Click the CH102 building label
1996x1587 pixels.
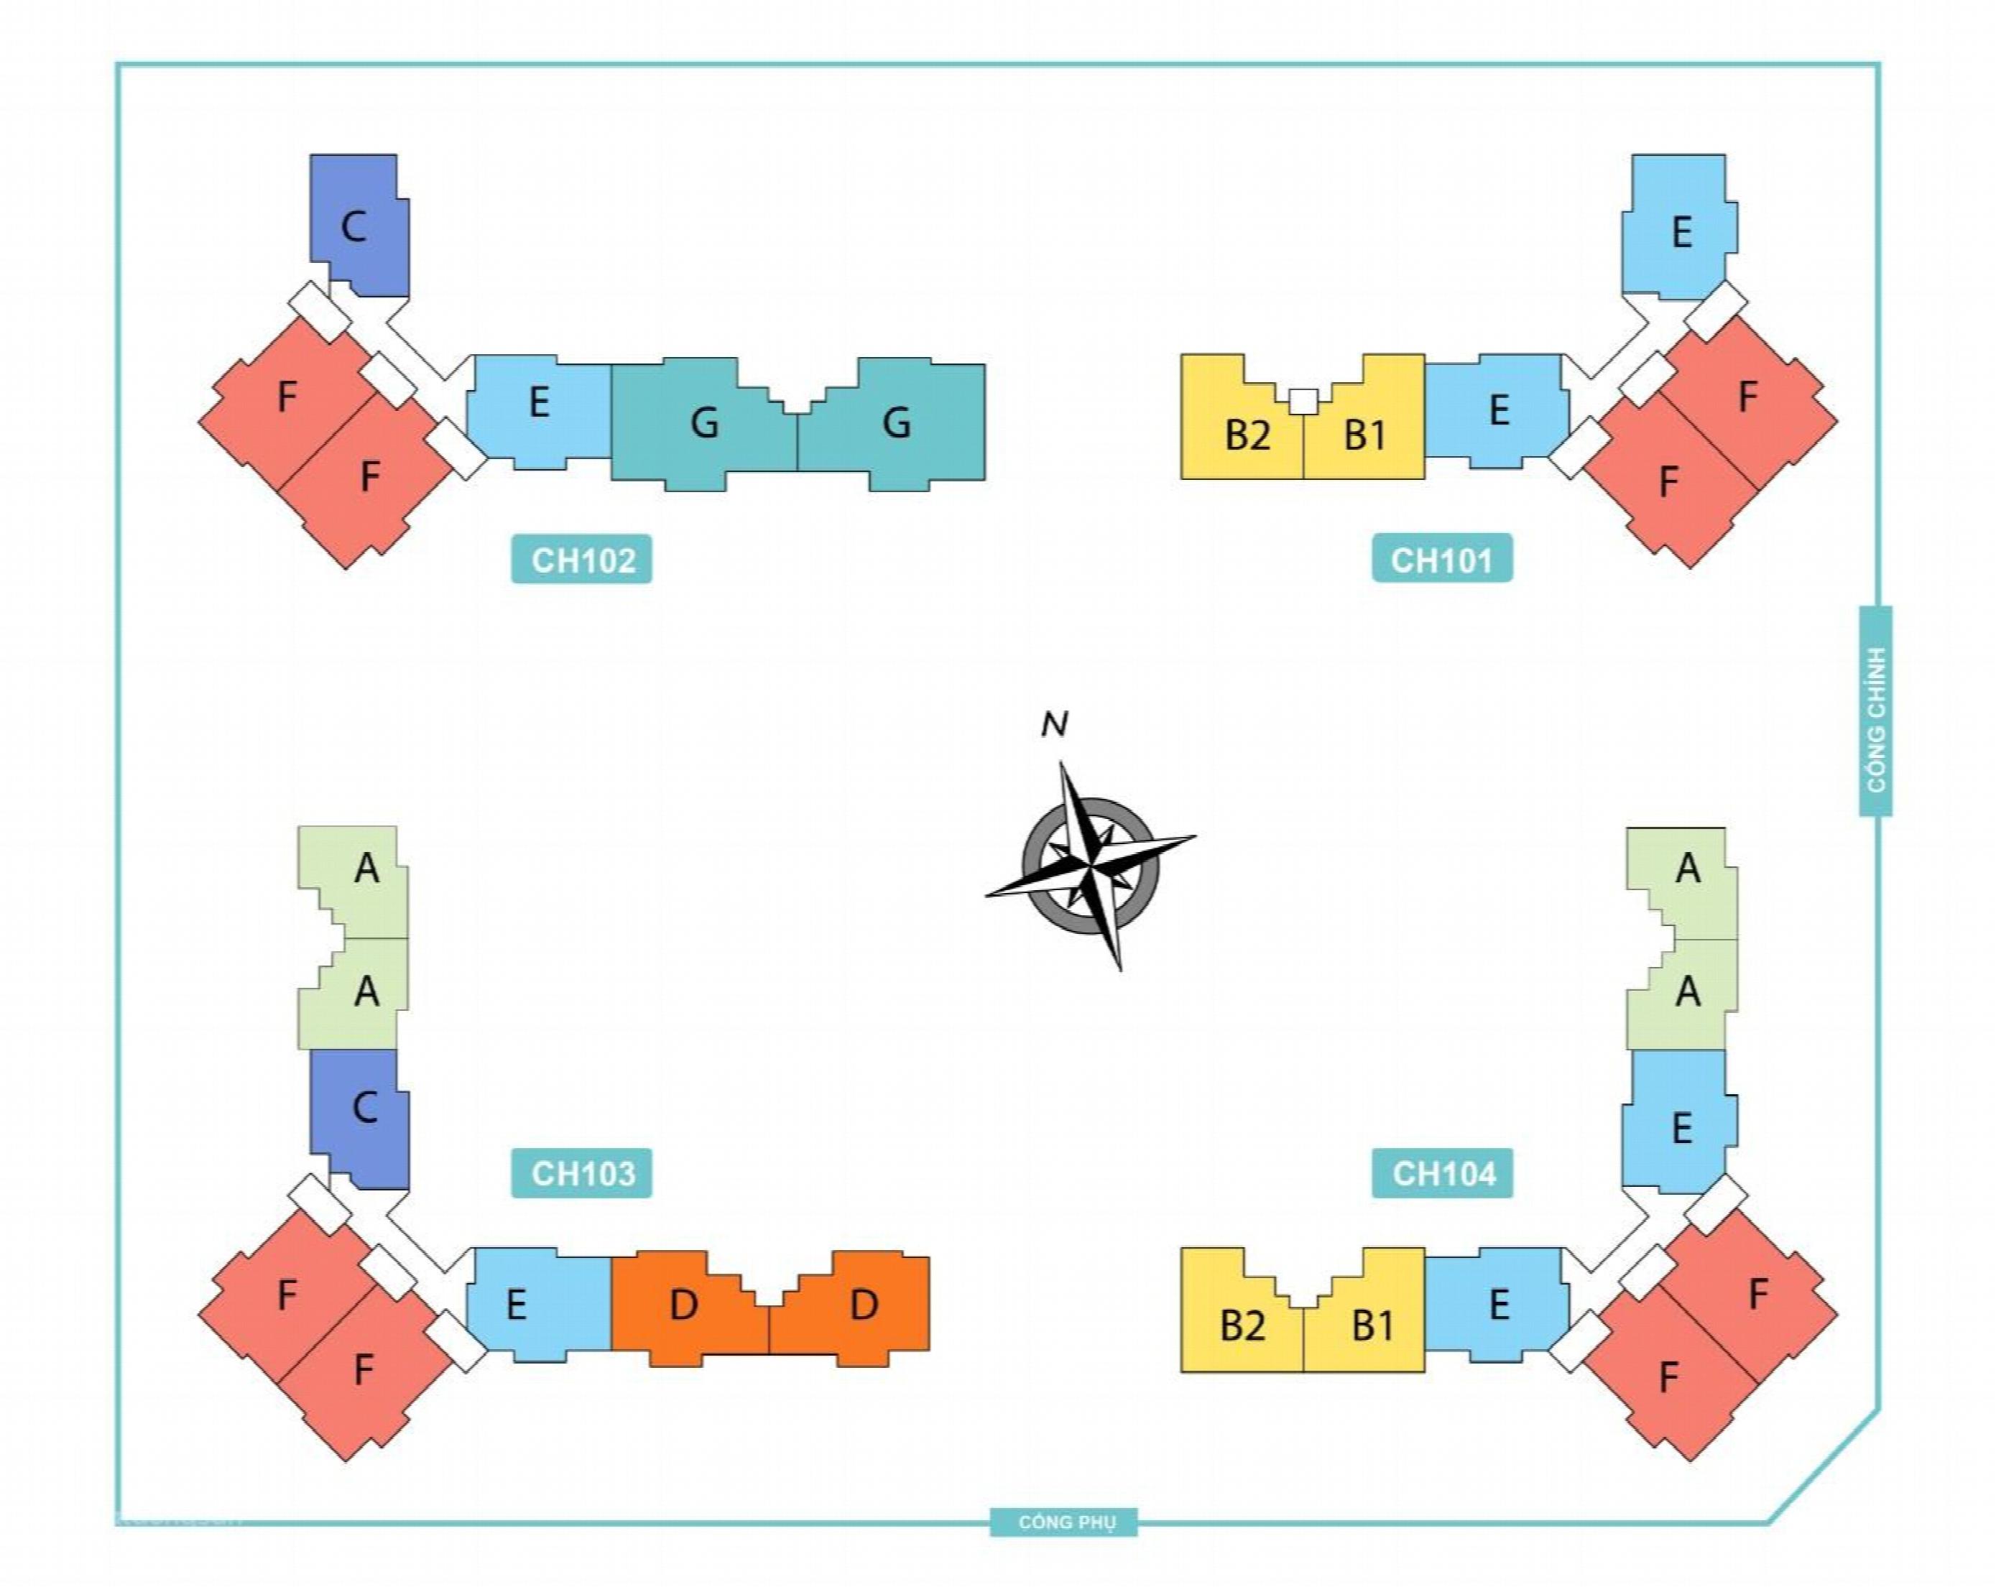[x=581, y=559]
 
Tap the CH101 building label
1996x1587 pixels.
[x=1441, y=559]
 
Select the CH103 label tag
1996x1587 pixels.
[x=581, y=1173]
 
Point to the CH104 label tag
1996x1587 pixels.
[x=1442, y=1173]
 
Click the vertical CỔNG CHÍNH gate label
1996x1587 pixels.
[x=1875, y=711]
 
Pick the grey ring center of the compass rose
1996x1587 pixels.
[x=1091, y=865]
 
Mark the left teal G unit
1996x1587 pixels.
[x=703, y=424]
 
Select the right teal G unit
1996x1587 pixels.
[x=895, y=424]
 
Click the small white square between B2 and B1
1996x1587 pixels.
[x=1303, y=401]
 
